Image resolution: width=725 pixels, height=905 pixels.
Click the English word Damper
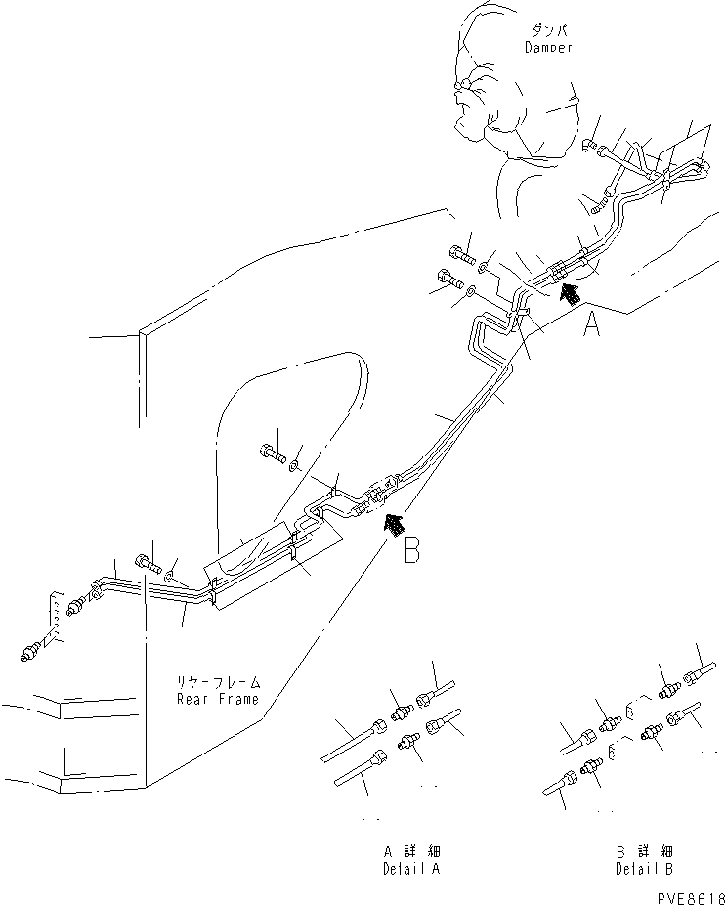coord(547,47)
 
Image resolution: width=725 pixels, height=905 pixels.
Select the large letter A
coord(592,323)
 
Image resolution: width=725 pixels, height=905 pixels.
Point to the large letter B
coord(411,551)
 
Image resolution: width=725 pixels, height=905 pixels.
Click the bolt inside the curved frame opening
coord(272,452)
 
